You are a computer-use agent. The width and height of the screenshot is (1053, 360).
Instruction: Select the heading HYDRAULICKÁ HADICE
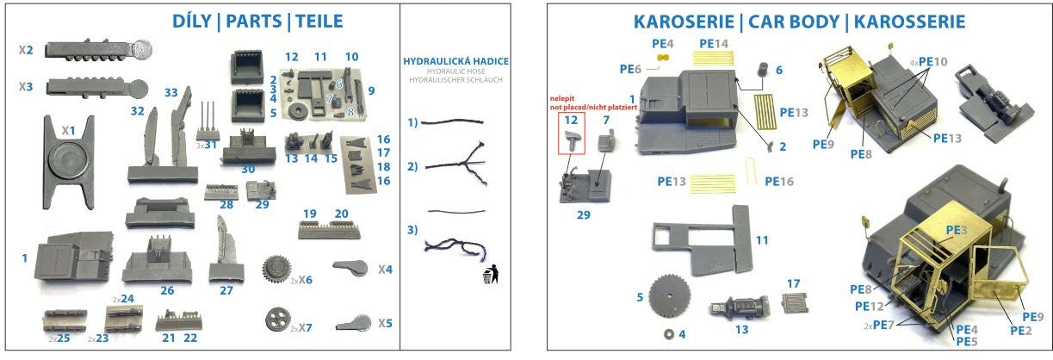pos(456,61)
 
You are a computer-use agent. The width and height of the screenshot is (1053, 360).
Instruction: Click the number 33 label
pos(170,92)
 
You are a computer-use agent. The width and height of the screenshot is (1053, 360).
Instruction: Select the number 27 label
pos(226,290)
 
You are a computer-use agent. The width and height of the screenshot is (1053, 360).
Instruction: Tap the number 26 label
pos(166,290)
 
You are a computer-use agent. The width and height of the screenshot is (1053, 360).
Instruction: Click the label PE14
pos(714,43)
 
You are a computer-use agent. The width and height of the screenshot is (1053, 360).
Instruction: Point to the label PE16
pos(779,181)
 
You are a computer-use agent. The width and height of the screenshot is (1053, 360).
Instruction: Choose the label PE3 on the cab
pos(957,230)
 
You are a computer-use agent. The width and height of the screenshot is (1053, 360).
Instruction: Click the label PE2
pos(1020,330)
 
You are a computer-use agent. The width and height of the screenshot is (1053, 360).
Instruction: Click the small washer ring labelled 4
pos(668,332)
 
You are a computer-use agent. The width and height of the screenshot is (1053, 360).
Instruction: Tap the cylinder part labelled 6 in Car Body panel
pos(762,70)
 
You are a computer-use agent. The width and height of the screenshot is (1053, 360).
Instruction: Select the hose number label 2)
pos(412,166)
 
